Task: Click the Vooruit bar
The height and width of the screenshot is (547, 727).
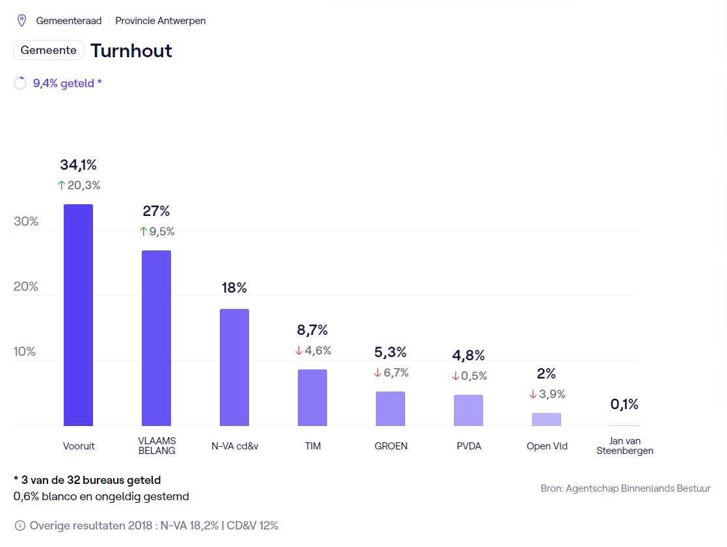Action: click(x=78, y=315)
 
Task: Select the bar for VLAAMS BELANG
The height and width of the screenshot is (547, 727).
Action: click(x=156, y=338)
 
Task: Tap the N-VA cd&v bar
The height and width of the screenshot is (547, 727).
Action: click(x=234, y=367)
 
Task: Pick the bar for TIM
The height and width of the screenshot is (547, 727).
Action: click(x=312, y=397)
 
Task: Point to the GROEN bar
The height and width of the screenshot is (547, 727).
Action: click(x=390, y=408)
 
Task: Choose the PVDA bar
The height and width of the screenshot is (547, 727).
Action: click(x=468, y=410)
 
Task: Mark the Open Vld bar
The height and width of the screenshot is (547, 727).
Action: click(x=546, y=420)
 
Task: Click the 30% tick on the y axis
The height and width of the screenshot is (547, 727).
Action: click(x=26, y=221)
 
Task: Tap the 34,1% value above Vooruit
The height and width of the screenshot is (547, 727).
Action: click(x=78, y=165)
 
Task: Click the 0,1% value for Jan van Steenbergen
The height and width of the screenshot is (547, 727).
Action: click(x=624, y=404)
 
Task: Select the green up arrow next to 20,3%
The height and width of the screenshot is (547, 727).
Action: click(x=62, y=185)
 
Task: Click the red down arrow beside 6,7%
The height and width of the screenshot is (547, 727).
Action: click(x=377, y=373)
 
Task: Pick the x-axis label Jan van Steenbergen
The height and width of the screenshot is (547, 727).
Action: click(x=624, y=446)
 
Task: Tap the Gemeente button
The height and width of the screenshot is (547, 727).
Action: click(x=49, y=50)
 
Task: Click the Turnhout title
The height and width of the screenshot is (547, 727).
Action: click(x=131, y=51)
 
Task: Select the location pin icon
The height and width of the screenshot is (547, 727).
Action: click(x=21, y=21)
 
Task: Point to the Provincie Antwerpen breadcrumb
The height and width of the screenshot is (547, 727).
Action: click(x=161, y=21)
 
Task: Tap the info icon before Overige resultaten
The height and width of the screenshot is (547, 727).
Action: click(x=20, y=526)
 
